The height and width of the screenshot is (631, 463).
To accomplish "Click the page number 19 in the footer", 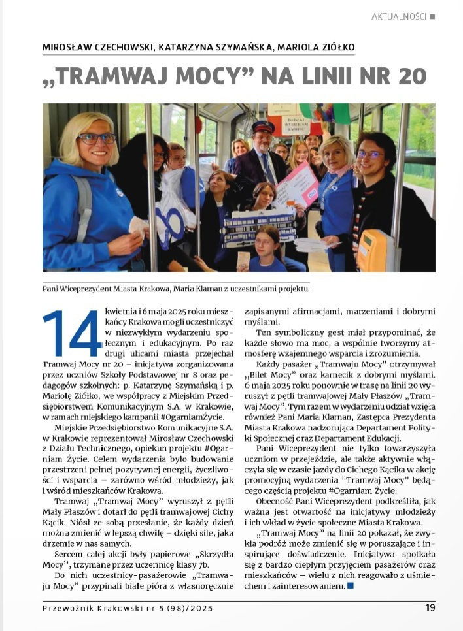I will pyautogui.click(x=430, y=607).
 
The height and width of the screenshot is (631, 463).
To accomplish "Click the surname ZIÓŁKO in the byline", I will pyautogui.click(x=332, y=48).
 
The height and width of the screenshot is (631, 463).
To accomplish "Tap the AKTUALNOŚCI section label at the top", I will pyautogui.click(x=398, y=16).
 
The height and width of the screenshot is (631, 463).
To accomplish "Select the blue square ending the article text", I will pyautogui.click(x=351, y=587).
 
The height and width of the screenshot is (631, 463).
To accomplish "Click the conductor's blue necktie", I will pyautogui.click(x=268, y=170).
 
